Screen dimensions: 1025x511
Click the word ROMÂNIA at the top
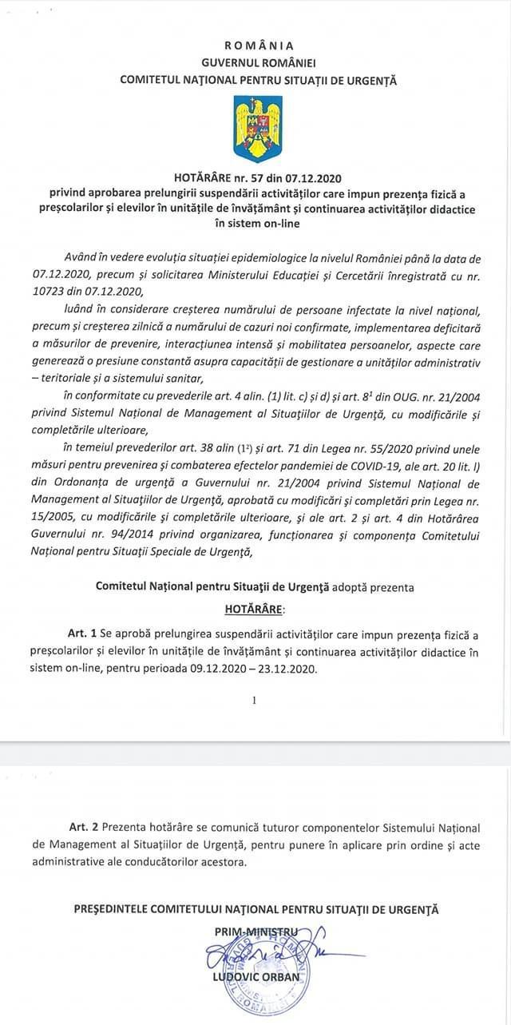pos(259,46)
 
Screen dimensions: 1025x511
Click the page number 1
pos(254,700)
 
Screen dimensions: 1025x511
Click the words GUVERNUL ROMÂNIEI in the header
pos(258,62)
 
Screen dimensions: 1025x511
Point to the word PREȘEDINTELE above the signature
pos(119,909)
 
